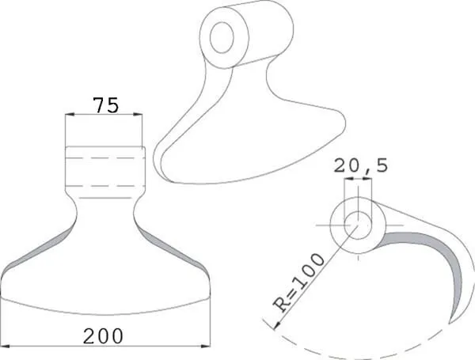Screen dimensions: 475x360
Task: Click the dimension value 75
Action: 106,104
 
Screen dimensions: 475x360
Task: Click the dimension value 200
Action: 103,336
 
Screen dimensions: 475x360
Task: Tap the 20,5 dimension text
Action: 361,165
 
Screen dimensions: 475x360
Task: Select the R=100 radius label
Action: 298,282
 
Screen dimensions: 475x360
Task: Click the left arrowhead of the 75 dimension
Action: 70,114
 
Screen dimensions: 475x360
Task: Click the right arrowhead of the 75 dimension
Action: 138,114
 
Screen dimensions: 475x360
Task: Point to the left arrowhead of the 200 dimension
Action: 6,346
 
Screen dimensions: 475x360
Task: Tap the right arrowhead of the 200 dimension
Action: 205,346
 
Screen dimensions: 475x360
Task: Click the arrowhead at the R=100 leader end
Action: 276,326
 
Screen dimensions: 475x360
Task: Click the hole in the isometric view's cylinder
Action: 222,37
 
